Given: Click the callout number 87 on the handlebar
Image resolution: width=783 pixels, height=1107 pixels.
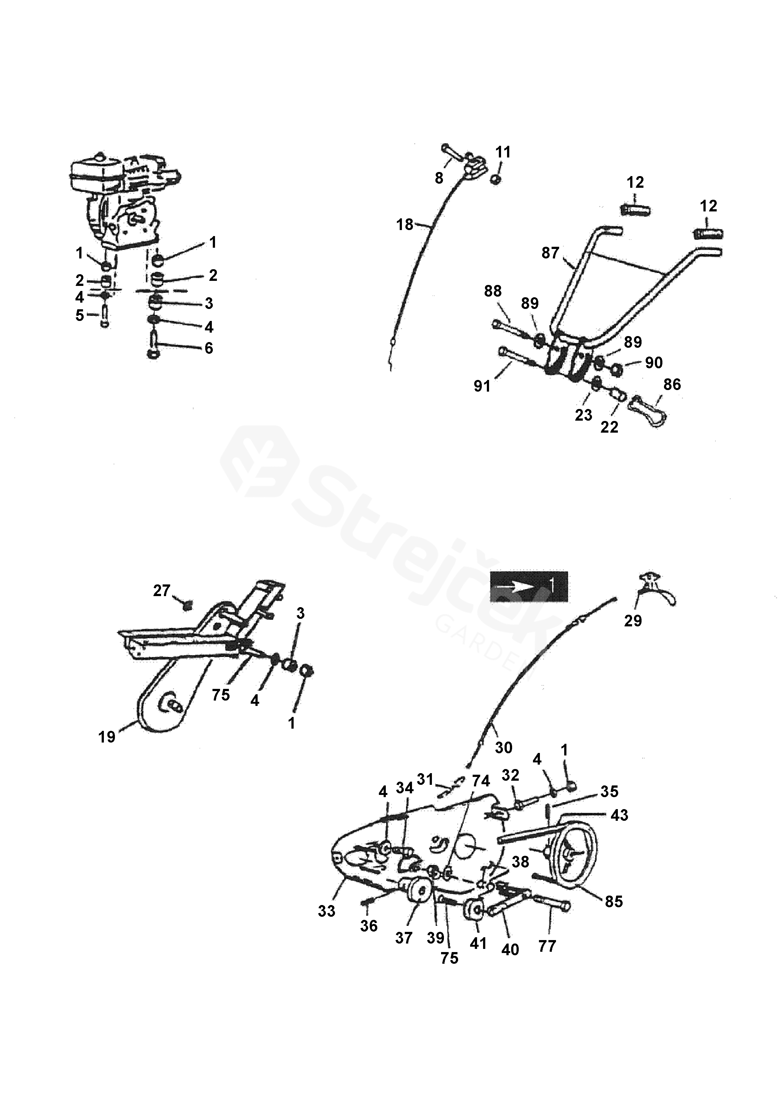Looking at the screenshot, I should (x=550, y=253).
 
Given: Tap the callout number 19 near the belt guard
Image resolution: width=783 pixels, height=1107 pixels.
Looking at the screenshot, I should (x=107, y=737).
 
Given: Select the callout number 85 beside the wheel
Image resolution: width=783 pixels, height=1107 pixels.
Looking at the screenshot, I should (x=614, y=901).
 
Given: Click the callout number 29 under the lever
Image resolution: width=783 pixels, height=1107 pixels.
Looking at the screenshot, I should (x=633, y=620).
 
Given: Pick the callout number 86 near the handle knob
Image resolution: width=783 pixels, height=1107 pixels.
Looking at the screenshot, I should (x=672, y=384).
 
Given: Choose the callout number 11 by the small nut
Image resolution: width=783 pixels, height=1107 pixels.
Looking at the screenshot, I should (x=503, y=152).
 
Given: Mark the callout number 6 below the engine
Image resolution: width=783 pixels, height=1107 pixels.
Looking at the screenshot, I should (x=208, y=348).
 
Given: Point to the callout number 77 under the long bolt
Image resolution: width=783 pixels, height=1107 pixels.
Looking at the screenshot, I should (x=547, y=946).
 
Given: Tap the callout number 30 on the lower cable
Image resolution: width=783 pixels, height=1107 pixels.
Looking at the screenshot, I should (x=504, y=748).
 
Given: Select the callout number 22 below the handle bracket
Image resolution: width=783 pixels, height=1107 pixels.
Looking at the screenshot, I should (x=609, y=427).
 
